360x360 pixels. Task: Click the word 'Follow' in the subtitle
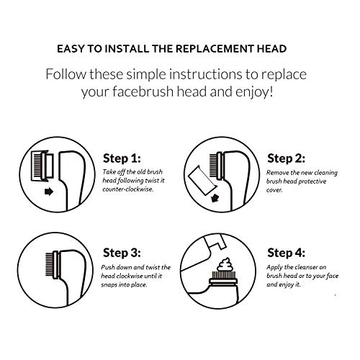click(x=66, y=74)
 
